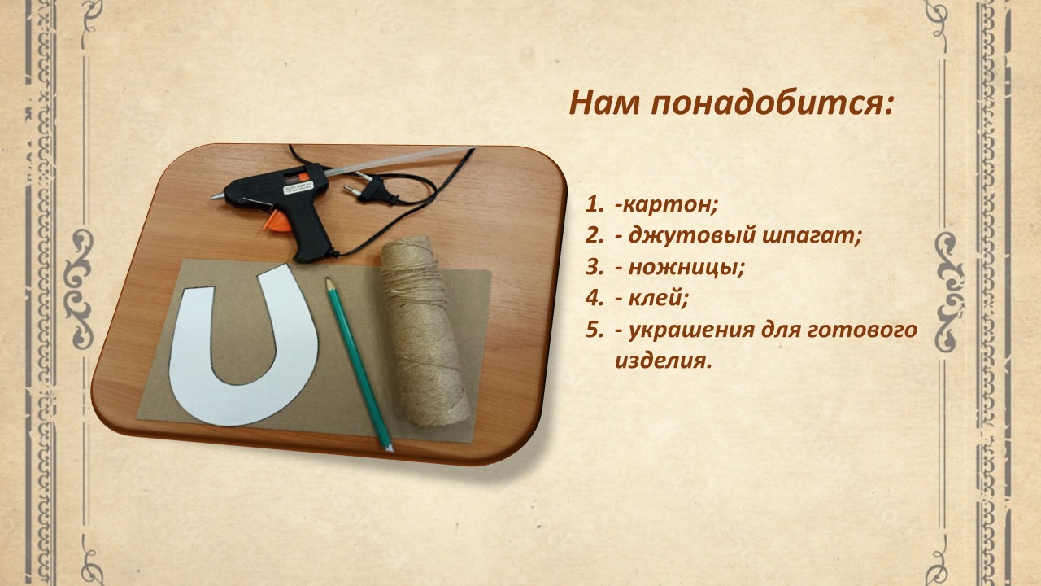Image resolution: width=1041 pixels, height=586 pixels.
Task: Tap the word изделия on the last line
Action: (662, 361)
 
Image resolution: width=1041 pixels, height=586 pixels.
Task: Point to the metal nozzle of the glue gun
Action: (218, 196)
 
